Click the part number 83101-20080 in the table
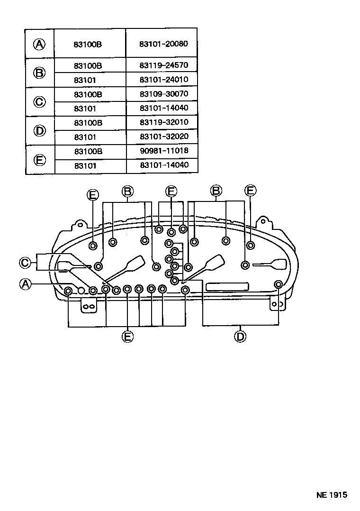(x=163, y=44)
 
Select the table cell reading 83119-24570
(x=163, y=65)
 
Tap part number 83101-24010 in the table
(x=163, y=80)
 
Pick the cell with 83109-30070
(x=163, y=94)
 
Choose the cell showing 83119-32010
(x=163, y=122)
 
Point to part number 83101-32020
(x=163, y=137)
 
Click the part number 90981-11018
(x=163, y=151)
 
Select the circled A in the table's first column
(x=40, y=44)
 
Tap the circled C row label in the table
(x=40, y=101)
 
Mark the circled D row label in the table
(x=40, y=130)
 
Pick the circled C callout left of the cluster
(x=25, y=262)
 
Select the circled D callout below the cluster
(x=241, y=336)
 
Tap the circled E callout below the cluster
(x=127, y=336)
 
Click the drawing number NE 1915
(x=332, y=494)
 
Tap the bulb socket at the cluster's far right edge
(x=279, y=284)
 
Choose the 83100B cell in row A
(x=88, y=44)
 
